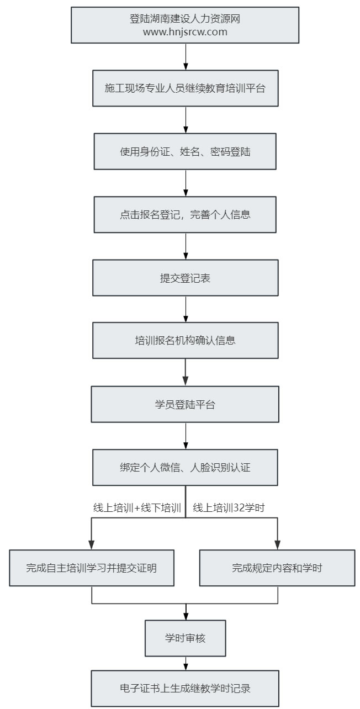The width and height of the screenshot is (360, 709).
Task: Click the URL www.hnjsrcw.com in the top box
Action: [x=185, y=32]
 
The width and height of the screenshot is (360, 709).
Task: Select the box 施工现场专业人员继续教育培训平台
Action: [x=185, y=88]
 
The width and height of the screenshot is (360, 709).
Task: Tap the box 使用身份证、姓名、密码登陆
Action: [x=185, y=152]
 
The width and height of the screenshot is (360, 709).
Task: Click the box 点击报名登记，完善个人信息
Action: [x=185, y=215]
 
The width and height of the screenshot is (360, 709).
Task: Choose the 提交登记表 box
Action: [x=185, y=278]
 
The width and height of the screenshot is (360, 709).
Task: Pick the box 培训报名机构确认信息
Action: [x=185, y=341]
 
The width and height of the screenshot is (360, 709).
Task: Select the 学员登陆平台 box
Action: [x=185, y=404]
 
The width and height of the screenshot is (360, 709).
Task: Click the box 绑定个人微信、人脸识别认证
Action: [x=185, y=468]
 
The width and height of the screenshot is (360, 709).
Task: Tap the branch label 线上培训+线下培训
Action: [x=137, y=507]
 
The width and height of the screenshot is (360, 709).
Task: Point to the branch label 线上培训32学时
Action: [x=229, y=507]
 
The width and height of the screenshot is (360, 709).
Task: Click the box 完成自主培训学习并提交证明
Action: [x=92, y=568]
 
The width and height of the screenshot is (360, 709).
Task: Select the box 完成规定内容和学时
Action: [x=277, y=568]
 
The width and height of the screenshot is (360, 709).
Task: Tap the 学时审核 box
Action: [x=185, y=638]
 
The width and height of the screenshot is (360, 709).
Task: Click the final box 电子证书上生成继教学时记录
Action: [x=185, y=689]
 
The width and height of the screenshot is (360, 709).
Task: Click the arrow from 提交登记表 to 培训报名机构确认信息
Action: [x=186, y=309]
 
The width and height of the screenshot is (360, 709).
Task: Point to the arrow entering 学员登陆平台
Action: [x=186, y=372]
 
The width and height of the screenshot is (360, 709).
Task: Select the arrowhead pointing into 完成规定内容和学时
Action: [x=278, y=545]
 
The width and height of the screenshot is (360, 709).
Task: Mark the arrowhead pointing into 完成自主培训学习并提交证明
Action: [x=92, y=545]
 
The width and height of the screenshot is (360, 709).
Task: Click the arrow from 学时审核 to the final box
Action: [x=186, y=663]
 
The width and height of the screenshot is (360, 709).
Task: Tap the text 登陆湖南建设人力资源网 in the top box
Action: [x=185, y=19]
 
